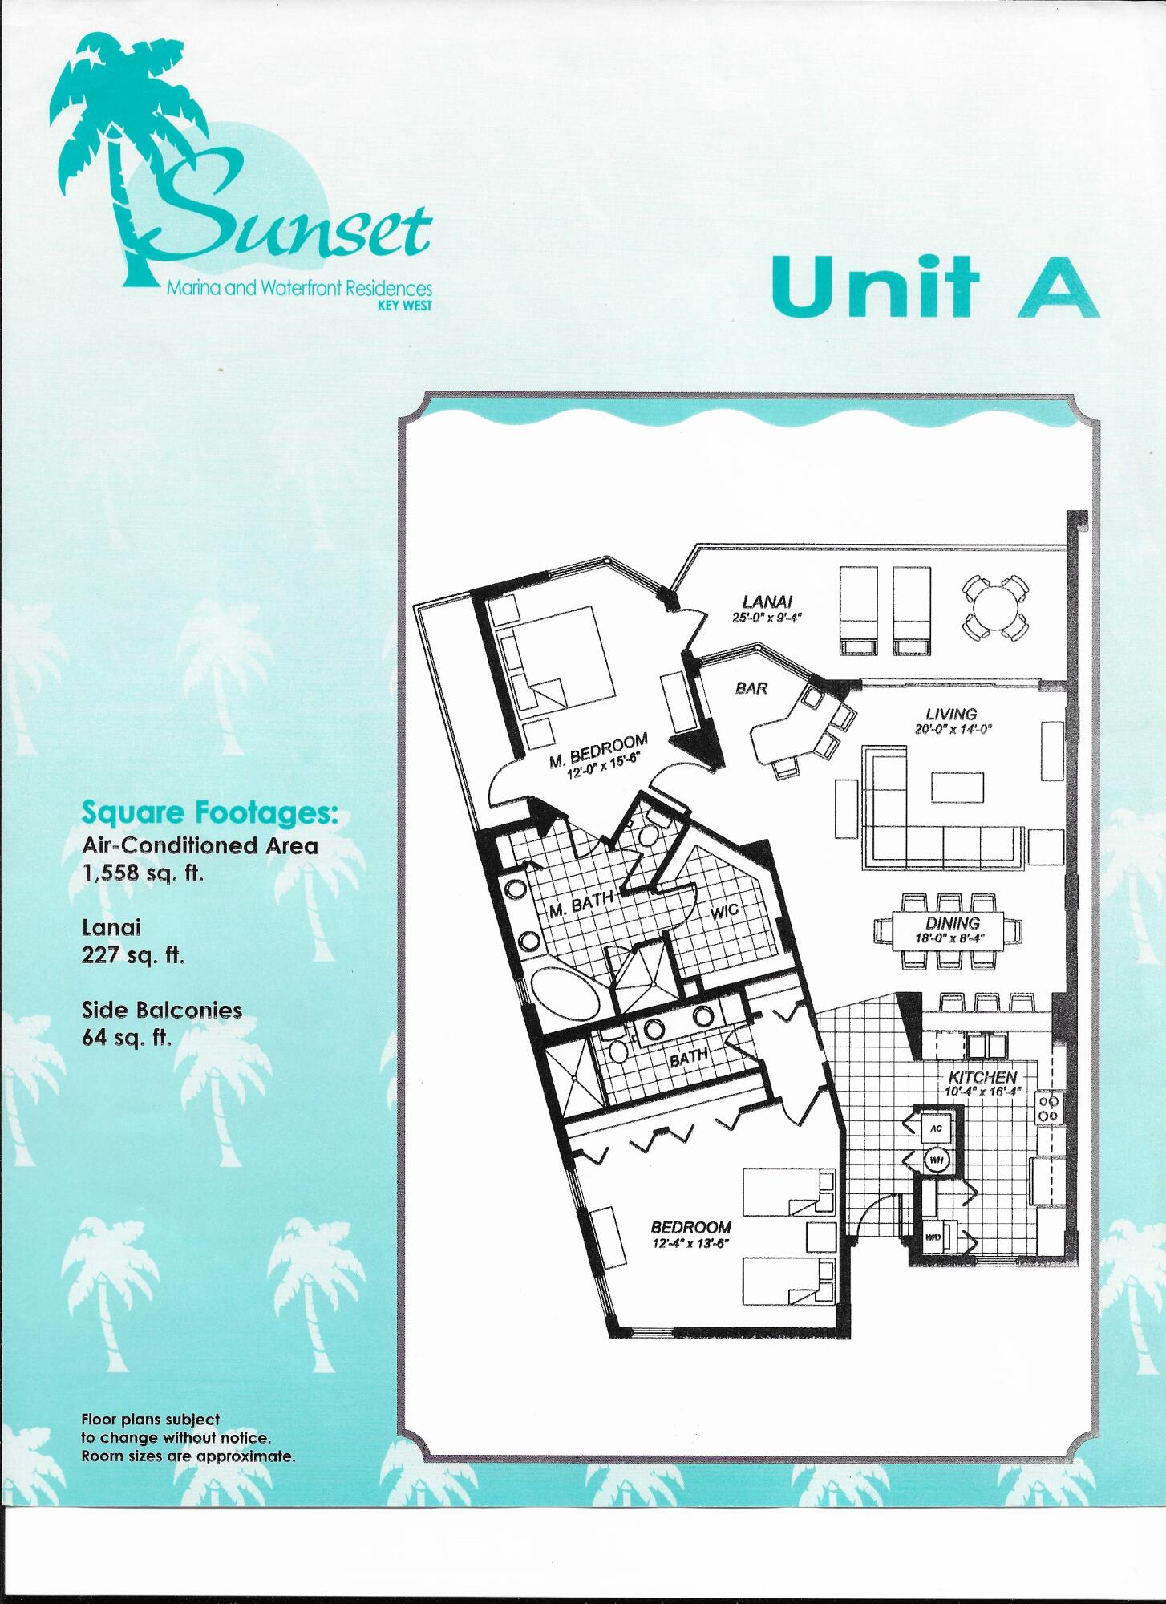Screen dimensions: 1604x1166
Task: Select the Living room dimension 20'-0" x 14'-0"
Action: tap(953, 729)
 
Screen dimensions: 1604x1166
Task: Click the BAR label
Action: tap(751, 688)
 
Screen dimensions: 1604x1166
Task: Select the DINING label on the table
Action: tap(953, 924)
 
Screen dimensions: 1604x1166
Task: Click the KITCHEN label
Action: tap(982, 1077)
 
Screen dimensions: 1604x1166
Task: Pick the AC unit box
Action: tap(935, 1128)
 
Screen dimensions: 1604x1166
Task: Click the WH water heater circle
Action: tap(935, 1159)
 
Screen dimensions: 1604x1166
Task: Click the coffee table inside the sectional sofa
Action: tap(957, 787)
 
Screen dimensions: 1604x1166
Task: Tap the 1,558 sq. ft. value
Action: tap(143, 875)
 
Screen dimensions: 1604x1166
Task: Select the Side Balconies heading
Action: tap(162, 1010)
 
